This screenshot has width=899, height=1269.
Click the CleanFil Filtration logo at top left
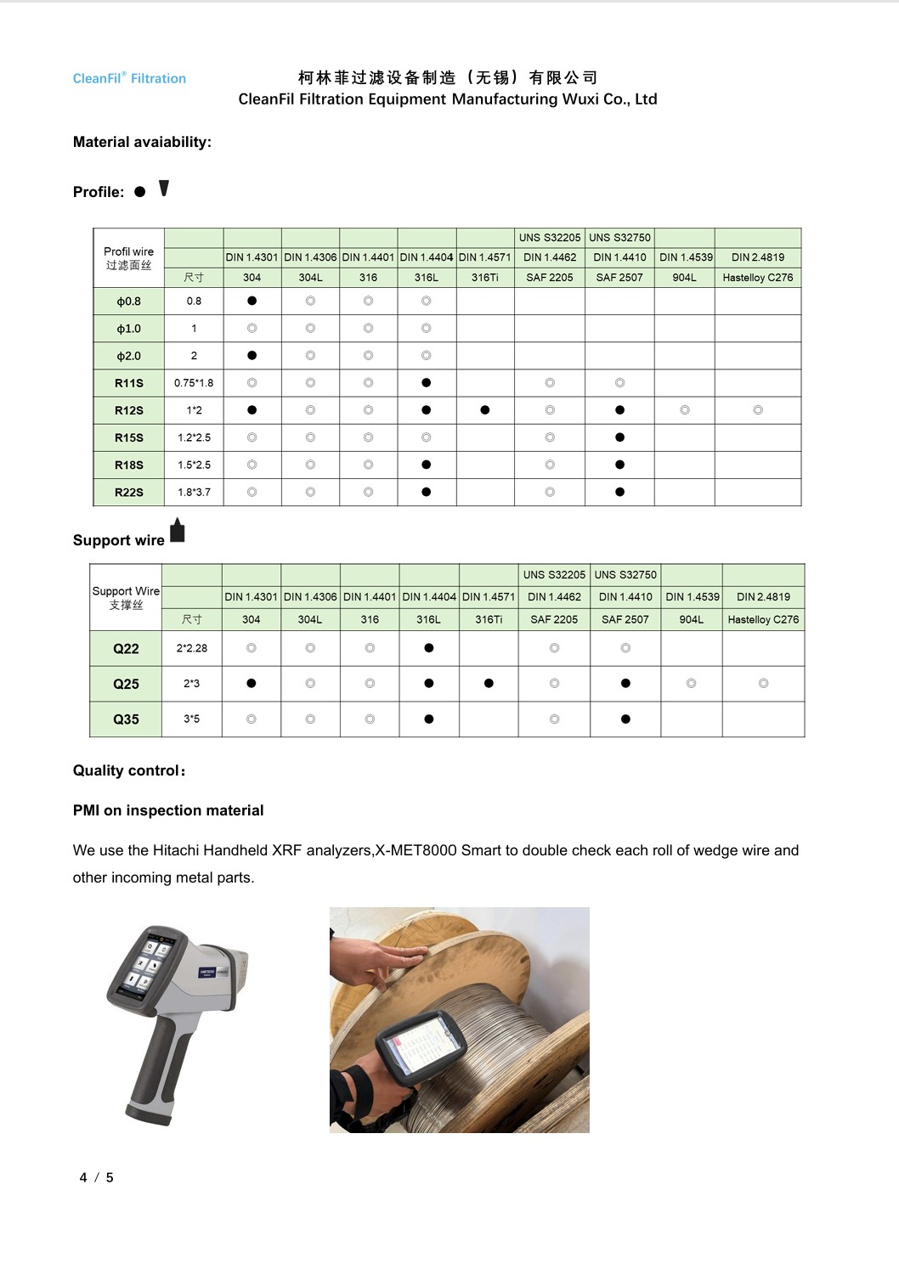pyautogui.click(x=129, y=78)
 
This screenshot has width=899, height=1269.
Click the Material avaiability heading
pyautogui.click(x=142, y=142)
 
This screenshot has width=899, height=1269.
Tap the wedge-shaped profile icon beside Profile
pyautogui.click(x=164, y=189)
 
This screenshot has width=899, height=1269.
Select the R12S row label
pyautogui.click(x=129, y=410)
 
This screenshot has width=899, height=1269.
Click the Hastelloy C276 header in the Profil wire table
pyautogui.click(x=757, y=278)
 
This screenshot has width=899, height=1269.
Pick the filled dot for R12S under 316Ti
pyautogui.click(x=484, y=410)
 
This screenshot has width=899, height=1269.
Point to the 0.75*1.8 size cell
pyautogui.click(x=194, y=383)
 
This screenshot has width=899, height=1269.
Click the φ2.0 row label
pyautogui.click(x=129, y=356)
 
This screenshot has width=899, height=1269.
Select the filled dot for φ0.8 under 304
pyautogui.click(x=252, y=301)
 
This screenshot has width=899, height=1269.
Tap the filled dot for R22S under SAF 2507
pyautogui.click(x=619, y=492)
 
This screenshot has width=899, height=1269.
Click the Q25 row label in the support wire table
pyautogui.click(x=126, y=684)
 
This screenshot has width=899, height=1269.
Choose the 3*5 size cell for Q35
pyautogui.click(x=192, y=719)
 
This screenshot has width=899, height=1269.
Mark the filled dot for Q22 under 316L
pyautogui.click(x=428, y=648)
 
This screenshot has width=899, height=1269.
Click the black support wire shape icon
pyautogui.click(x=177, y=531)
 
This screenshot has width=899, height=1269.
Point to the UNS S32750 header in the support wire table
pyautogui.click(x=625, y=575)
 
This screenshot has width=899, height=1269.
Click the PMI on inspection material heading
pyautogui.click(x=168, y=810)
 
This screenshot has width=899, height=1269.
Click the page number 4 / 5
pyautogui.click(x=96, y=1177)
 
